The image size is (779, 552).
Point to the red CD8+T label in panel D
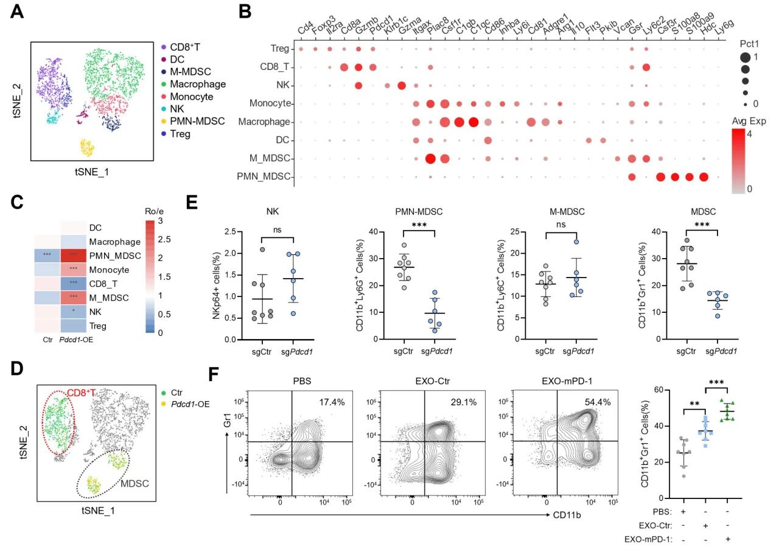coord(82,392)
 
